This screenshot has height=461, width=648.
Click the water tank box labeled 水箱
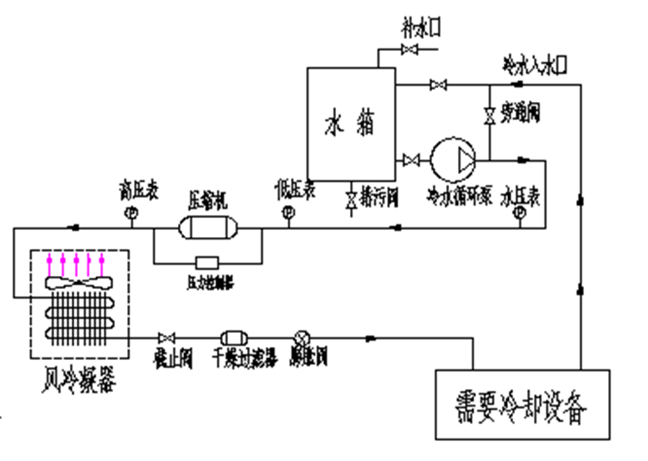(350, 125)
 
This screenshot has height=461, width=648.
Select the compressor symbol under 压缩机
(206, 227)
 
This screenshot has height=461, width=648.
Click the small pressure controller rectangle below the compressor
(207, 262)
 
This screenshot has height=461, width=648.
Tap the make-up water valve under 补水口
(410, 52)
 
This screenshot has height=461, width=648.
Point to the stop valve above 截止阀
(165, 336)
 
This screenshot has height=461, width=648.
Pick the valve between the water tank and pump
(411, 160)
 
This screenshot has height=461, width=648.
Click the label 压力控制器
(210, 281)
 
